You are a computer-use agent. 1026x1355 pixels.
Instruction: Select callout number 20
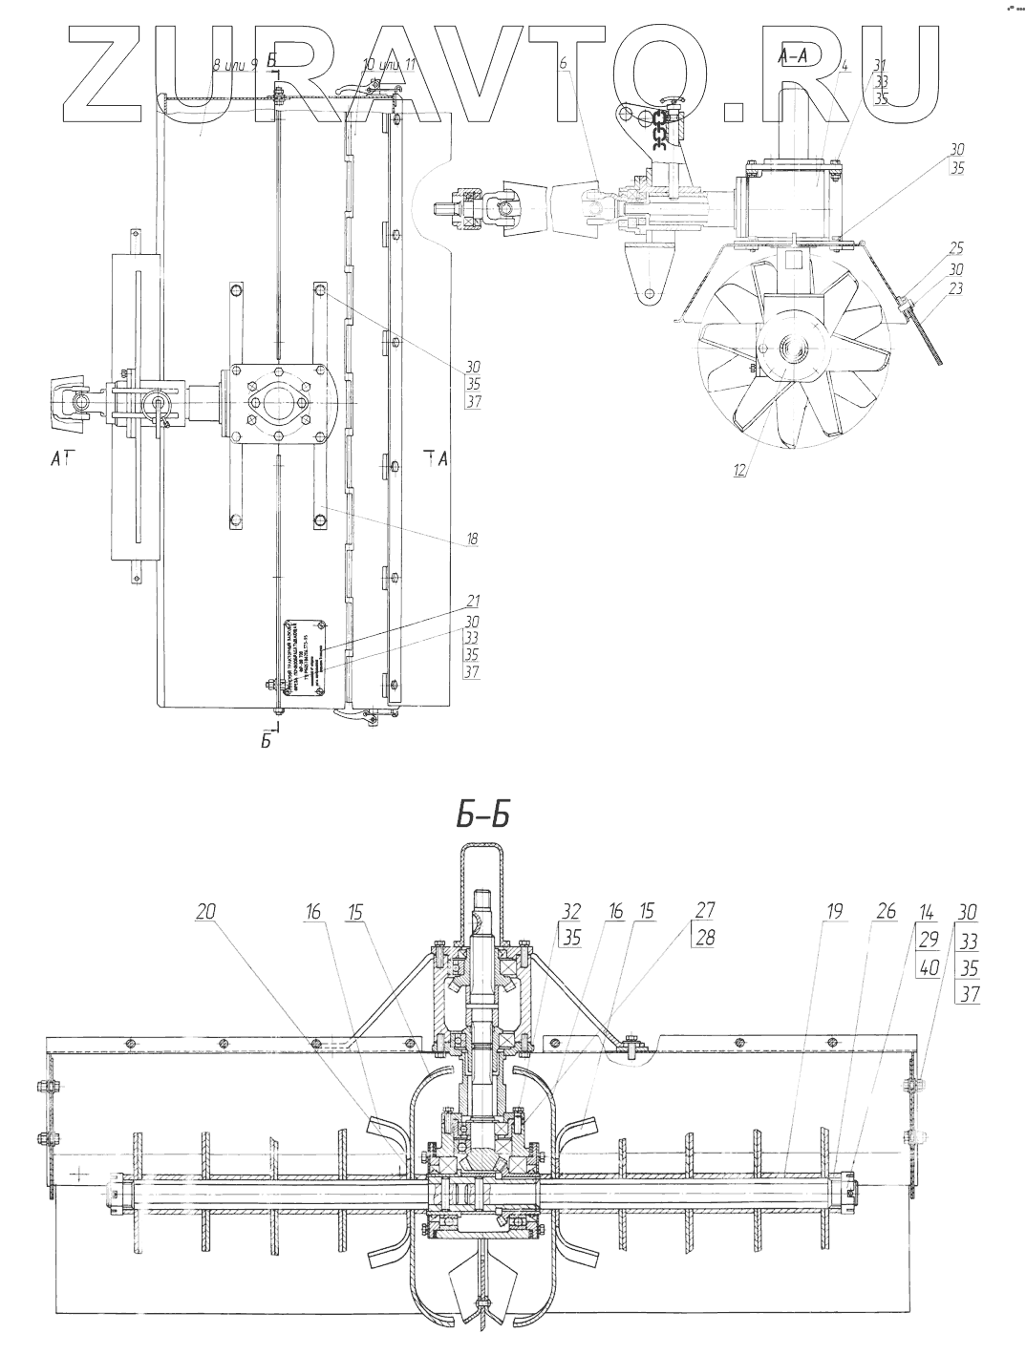(x=206, y=912)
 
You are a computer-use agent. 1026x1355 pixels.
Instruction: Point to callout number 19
(x=834, y=912)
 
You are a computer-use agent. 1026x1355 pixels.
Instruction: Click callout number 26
(x=886, y=912)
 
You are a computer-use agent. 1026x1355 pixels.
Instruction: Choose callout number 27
(x=705, y=912)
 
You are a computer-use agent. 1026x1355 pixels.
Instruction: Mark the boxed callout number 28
(x=705, y=938)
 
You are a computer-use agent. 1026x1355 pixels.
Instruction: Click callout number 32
(x=571, y=912)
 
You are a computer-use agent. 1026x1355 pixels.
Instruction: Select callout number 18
(x=472, y=540)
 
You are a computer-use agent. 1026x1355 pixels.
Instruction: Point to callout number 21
(x=472, y=602)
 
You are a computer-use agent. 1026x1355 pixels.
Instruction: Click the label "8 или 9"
(x=234, y=65)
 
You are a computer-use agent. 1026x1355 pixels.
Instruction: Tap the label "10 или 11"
(x=389, y=65)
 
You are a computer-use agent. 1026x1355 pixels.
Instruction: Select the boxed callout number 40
(x=926, y=966)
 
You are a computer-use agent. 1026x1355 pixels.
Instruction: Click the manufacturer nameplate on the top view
(x=304, y=660)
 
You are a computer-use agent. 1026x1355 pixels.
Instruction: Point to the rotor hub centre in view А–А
(x=792, y=349)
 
